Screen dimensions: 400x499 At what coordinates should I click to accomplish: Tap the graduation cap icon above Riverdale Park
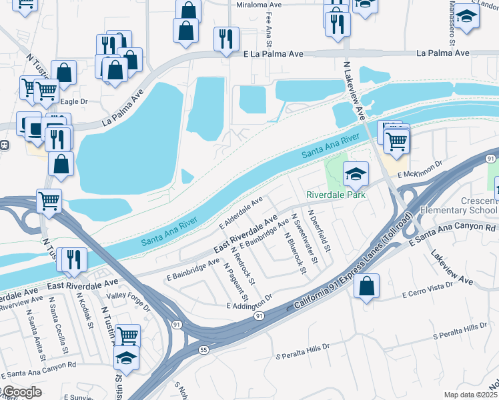pyautogui.click(x=356, y=174)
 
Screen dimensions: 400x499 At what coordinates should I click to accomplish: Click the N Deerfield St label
pyautogui.click(x=320, y=231)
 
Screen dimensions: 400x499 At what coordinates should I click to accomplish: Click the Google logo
pyautogui.click(x=21, y=392)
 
